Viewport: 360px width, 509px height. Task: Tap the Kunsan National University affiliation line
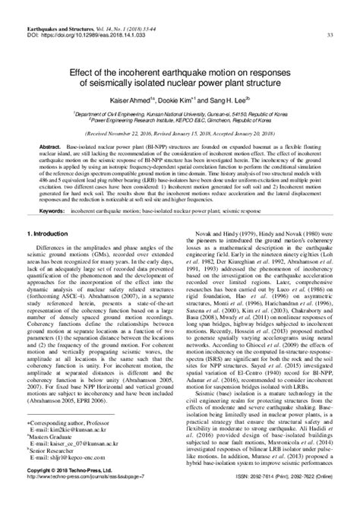179,112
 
